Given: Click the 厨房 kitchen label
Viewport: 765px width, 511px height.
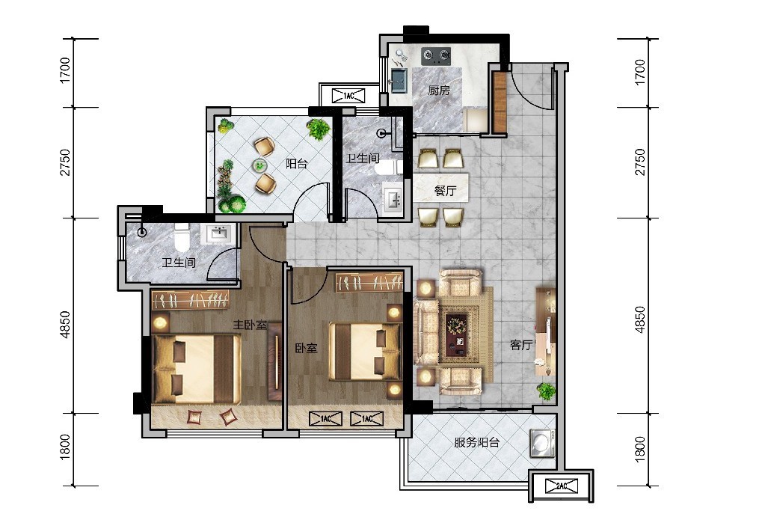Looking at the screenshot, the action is [439, 91].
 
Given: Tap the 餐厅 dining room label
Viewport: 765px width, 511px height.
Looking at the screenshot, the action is [445, 190].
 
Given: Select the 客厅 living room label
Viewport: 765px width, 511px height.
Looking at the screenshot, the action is [520, 345].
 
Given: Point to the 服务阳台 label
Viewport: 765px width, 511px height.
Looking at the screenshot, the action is [476, 443].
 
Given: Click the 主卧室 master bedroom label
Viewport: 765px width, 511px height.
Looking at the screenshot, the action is [250, 325].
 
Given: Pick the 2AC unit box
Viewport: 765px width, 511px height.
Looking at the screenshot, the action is [562, 486].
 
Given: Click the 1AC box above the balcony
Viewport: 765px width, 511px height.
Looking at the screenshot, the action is [348, 96].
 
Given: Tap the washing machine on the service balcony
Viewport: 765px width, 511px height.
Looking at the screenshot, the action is [542, 443].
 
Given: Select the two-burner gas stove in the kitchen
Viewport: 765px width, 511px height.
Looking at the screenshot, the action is [436, 55].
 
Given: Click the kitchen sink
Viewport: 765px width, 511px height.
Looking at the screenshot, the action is [399, 81].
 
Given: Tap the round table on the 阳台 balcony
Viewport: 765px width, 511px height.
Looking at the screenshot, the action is [260, 166].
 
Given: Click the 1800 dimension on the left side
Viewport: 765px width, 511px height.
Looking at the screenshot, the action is [65, 447].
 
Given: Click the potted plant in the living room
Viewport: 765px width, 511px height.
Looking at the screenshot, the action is [547, 391].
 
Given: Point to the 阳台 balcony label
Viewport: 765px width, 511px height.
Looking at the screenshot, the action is [297, 164].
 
